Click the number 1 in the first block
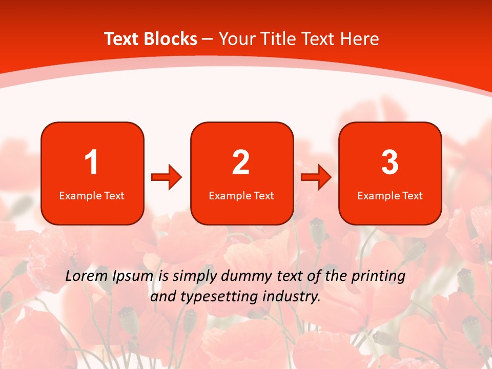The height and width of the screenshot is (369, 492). pos(92,162)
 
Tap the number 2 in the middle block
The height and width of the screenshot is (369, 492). pos(241,162)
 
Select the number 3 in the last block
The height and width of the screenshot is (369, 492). pos(390,162)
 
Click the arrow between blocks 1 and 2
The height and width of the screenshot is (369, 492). pos(167,177)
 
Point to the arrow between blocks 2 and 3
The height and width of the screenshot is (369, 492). pos(316,177)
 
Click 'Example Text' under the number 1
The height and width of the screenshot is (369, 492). pos(92,196)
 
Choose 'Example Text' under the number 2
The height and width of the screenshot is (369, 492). pos(241,196)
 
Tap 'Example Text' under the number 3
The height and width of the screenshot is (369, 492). pos(390,196)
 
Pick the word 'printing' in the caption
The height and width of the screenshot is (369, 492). pos(378,277)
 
